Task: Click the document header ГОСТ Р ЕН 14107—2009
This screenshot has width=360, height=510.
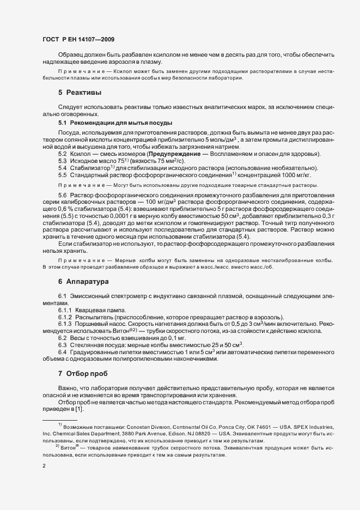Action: tap(78, 40)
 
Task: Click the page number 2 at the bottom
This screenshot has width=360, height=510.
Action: tap(44, 466)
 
